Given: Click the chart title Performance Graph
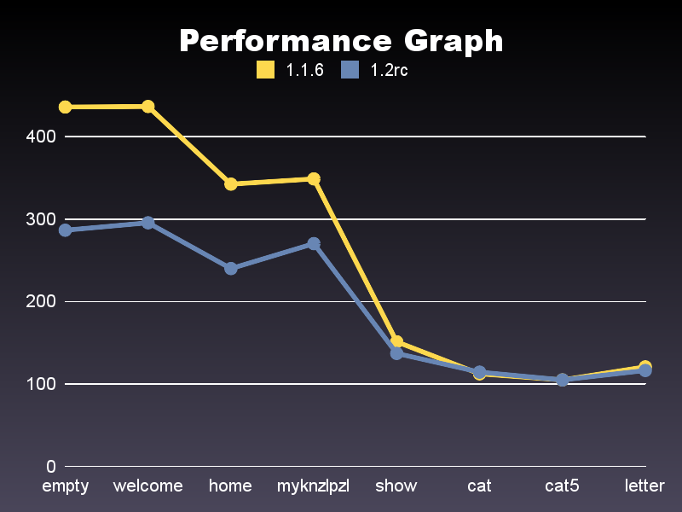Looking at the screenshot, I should [341, 40].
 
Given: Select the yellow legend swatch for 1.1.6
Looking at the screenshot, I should [265, 70].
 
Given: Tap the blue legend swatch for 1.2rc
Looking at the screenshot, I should [349, 70].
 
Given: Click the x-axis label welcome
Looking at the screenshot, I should [147, 486].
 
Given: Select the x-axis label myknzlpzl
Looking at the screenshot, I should [314, 486].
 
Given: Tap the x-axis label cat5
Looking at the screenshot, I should [562, 486].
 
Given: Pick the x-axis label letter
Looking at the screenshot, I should [644, 486].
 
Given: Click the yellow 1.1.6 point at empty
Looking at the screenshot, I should [65, 107].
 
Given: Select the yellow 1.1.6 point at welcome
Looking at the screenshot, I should [147, 106].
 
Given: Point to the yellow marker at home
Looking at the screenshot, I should [231, 183].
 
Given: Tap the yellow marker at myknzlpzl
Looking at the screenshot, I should [314, 178].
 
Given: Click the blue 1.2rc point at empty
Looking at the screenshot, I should [65, 230].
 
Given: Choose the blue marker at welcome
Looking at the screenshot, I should [147, 223].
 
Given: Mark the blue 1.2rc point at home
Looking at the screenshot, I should [231, 268].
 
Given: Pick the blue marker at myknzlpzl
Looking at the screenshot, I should [314, 244].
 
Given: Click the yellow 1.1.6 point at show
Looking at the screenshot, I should [396, 342].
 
